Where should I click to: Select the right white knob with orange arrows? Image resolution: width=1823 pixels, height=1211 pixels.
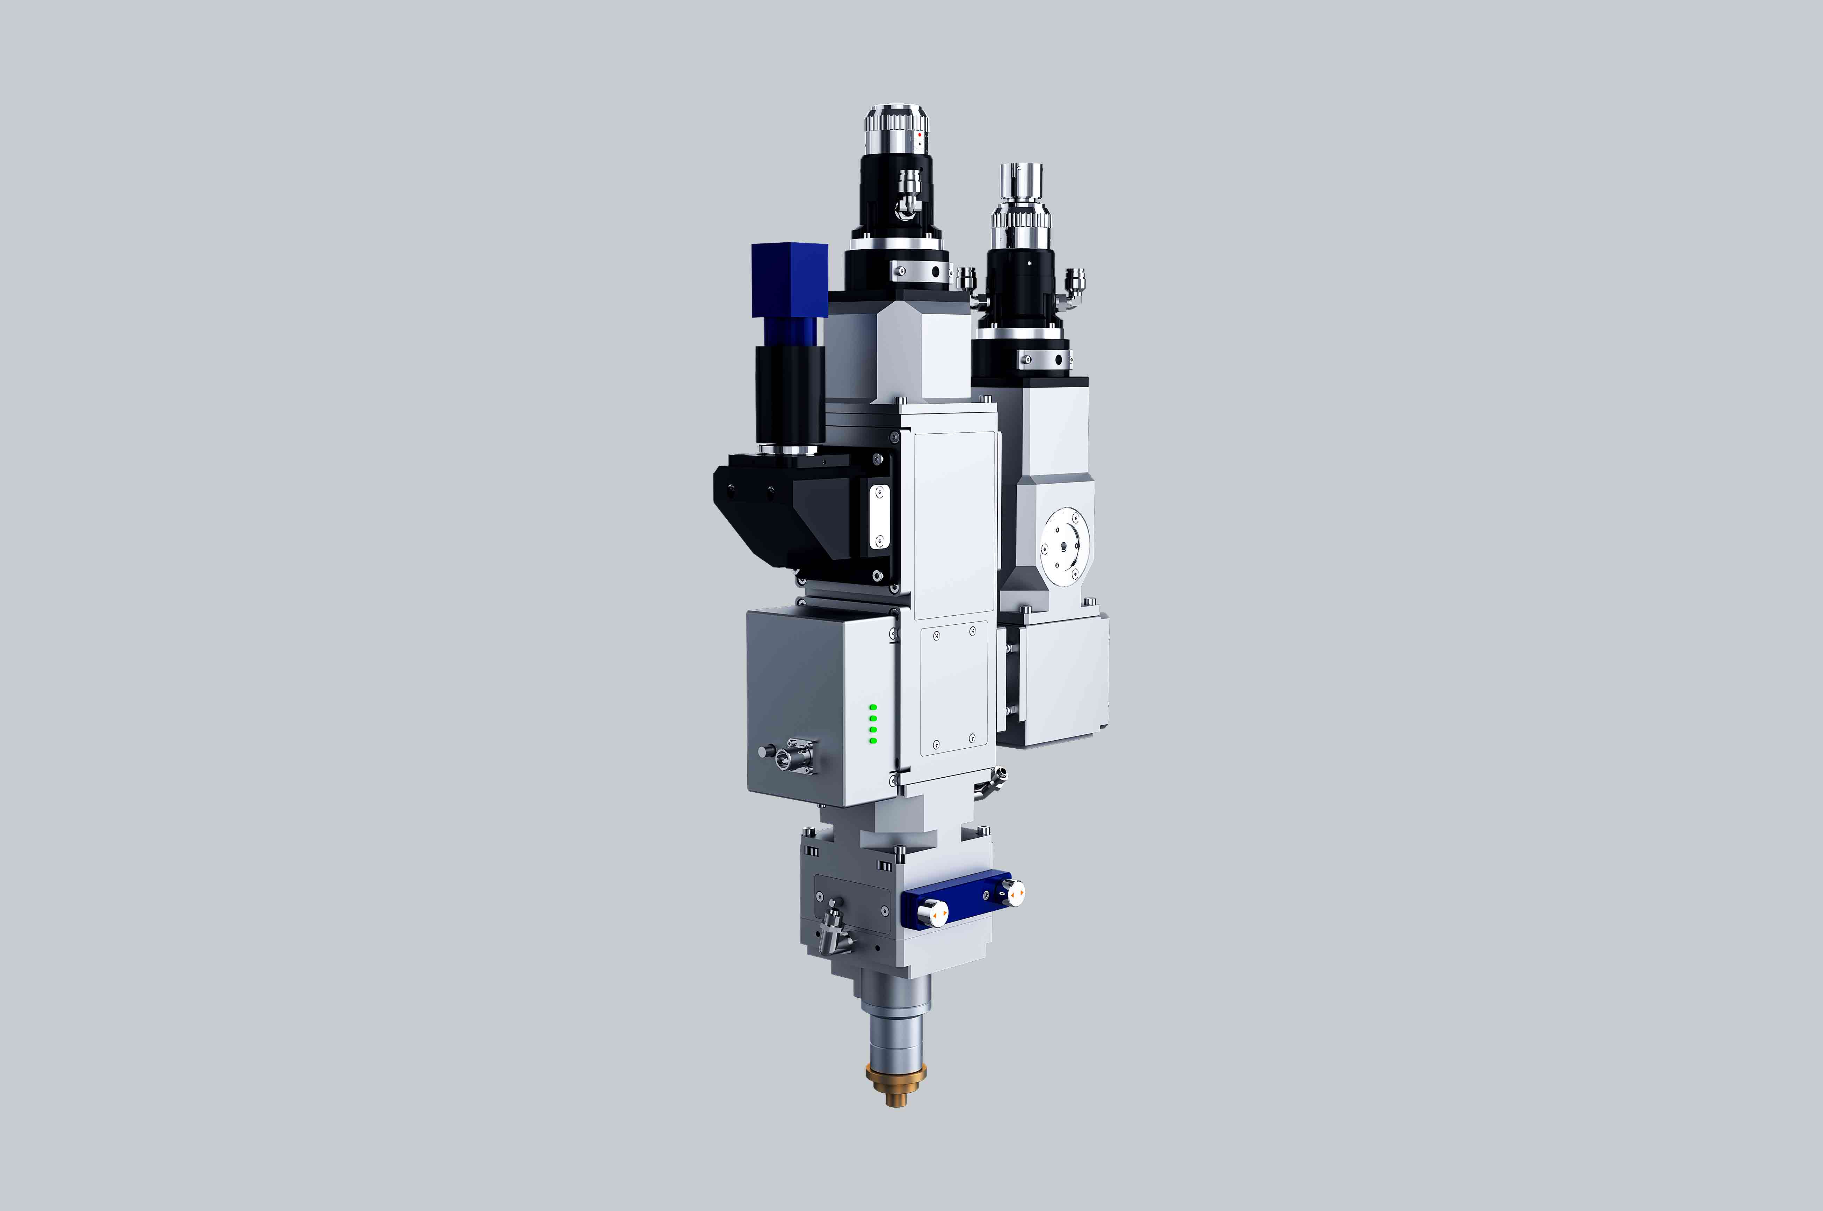1015,893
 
